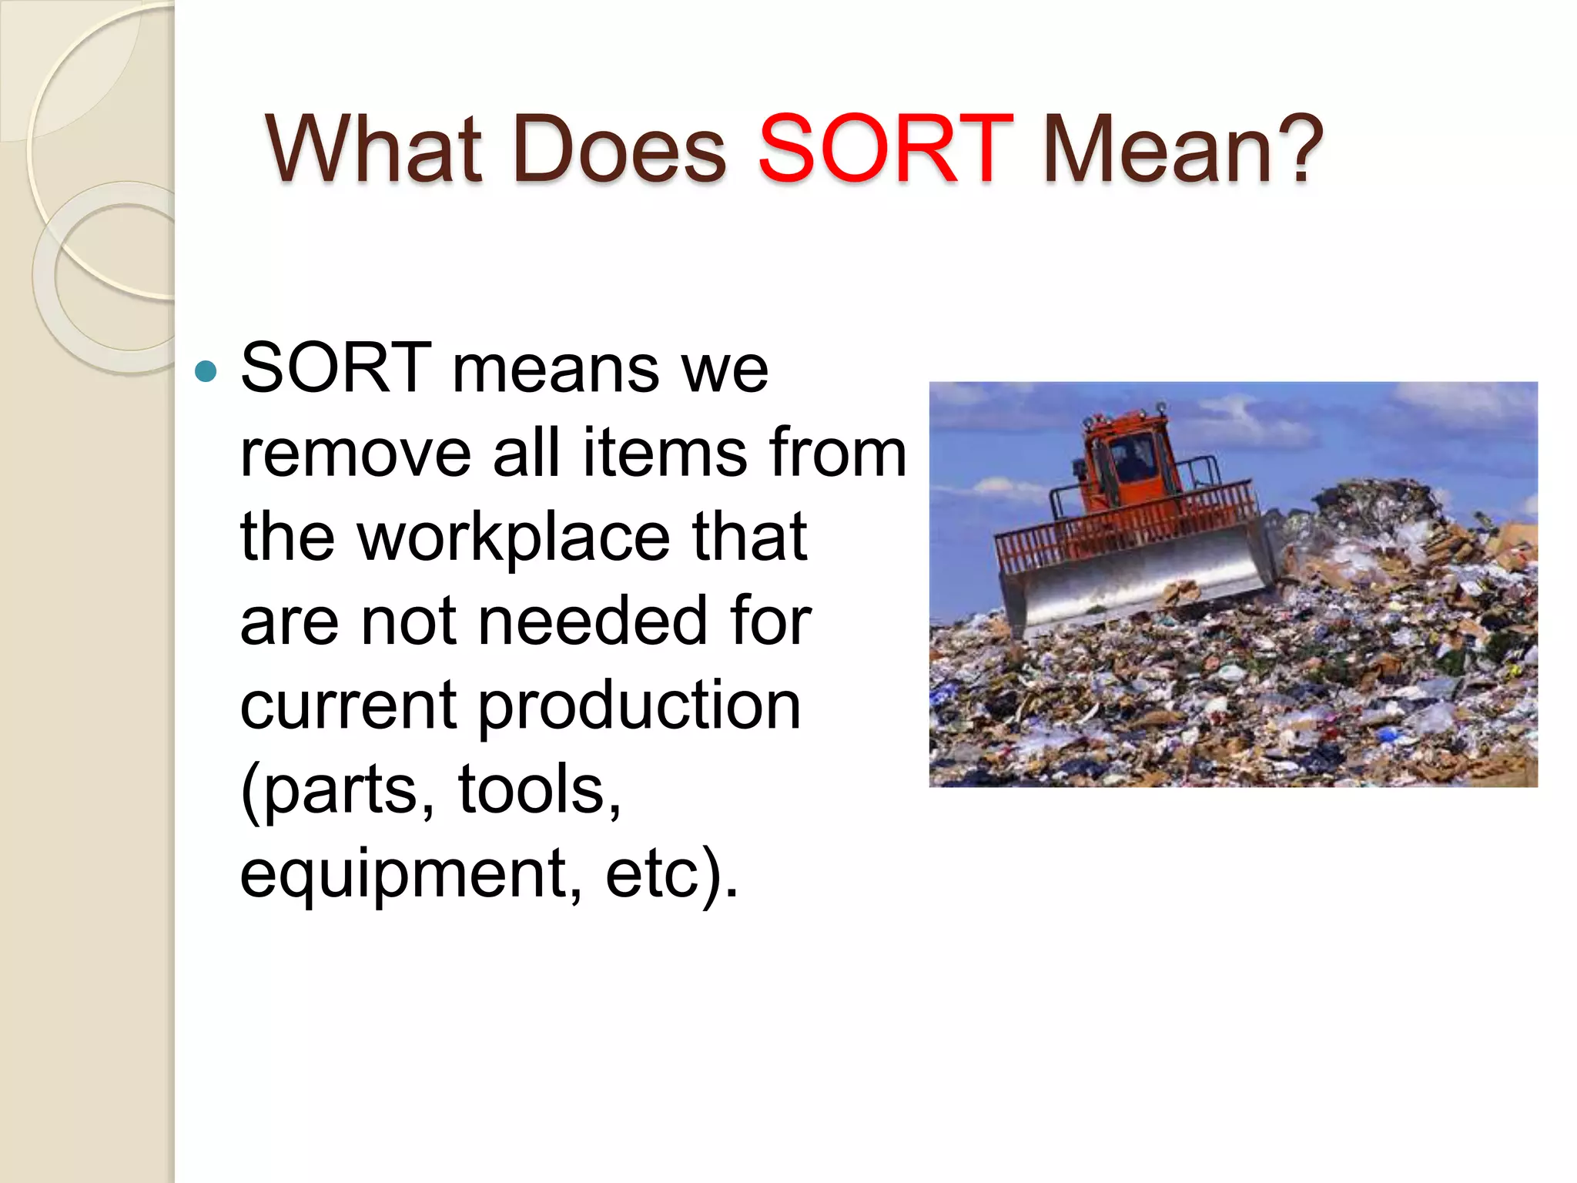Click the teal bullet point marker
(x=206, y=372)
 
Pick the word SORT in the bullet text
(x=336, y=368)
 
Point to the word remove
(x=356, y=453)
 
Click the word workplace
(x=514, y=538)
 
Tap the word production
(x=639, y=706)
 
